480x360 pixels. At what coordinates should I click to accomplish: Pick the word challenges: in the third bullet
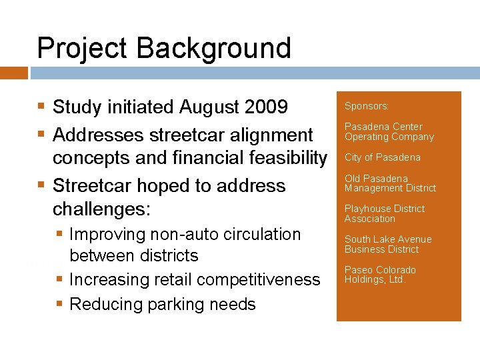click(x=101, y=209)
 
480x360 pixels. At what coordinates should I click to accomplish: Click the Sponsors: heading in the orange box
click(x=367, y=106)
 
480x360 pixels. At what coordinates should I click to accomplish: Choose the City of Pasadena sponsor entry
click(x=382, y=157)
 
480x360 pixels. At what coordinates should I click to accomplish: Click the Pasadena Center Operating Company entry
click(x=389, y=132)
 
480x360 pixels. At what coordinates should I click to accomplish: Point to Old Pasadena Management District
click(x=390, y=183)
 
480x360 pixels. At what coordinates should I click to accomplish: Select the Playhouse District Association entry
click(x=384, y=213)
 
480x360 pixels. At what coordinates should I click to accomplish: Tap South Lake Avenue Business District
click(x=387, y=244)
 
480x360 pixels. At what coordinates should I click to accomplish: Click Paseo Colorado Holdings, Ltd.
click(x=380, y=275)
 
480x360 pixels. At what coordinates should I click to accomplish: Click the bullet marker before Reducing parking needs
click(x=60, y=305)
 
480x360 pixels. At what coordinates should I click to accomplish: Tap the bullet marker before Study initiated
click(x=42, y=107)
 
